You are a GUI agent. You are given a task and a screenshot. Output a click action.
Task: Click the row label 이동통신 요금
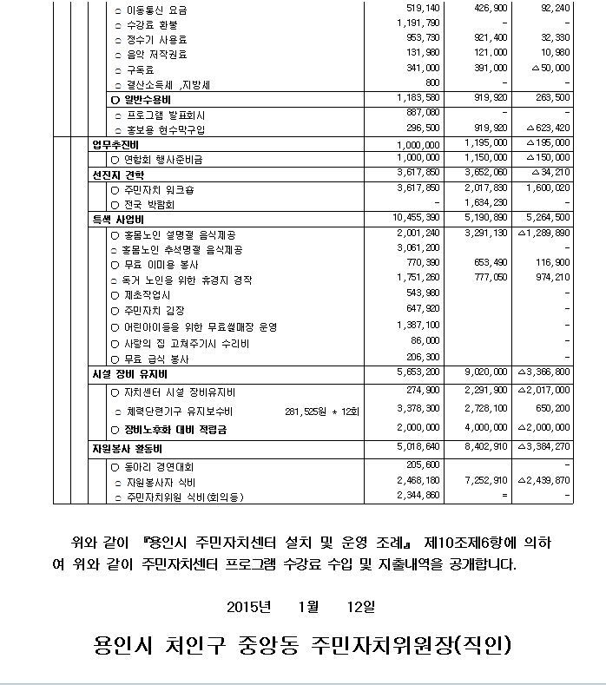tap(156, 10)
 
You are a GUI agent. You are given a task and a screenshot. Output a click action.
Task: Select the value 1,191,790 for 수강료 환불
tap(418, 23)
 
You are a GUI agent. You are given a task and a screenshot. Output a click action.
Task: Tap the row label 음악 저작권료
tap(159, 54)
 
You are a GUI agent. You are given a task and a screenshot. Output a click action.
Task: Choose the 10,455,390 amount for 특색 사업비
tap(416, 217)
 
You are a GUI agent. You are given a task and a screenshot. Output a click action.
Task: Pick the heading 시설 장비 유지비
tap(123, 373)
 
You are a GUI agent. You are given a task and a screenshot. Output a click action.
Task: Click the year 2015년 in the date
tap(249, 605)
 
